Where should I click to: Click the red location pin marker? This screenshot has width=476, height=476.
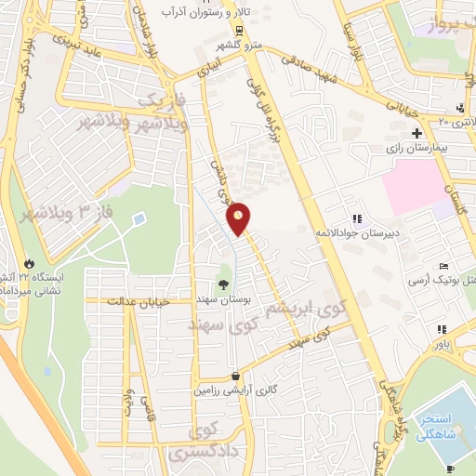click(x=239, y=218)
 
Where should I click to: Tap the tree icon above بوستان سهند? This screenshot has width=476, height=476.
click(x=223, y=284)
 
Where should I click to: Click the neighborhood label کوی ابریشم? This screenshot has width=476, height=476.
click(x=306, y=306)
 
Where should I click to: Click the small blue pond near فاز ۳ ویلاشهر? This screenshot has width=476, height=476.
click(x=139, y=219)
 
